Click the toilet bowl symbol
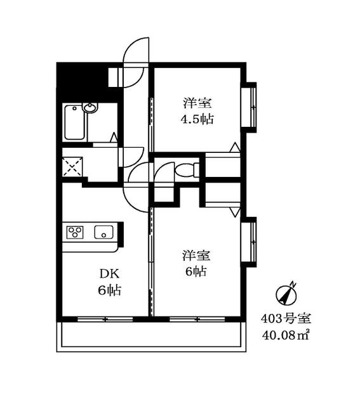pyautogui.click(x=185, y=170)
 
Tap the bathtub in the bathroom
pyautogui.click(x=75, y=122)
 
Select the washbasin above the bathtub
pyautogui.click(x=90, y=107)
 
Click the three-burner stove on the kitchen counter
pyautogui.click(x=75, y=232)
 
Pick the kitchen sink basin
pyautogui.click(x=103, y=232)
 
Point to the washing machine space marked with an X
pyautogui.click(x=72, y=166)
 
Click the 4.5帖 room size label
pyautogui.click(x=197, y=119)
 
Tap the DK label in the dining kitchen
pyautogui.click(x=110, y=273)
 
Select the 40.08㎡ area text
pyautogui.click(x=286, y=336)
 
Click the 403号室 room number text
pyautogui.click(x=286, y=318)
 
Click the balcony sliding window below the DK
pyautogui.click(x=105, y=319)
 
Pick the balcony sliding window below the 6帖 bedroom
pyautogui.click(x=197, y=319)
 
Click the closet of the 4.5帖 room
pyautogui.click(x=223, y=165)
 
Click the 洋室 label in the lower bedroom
pyautogui.click(x=196, y=255)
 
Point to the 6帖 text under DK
pyautogui.click(x=110, y=291)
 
